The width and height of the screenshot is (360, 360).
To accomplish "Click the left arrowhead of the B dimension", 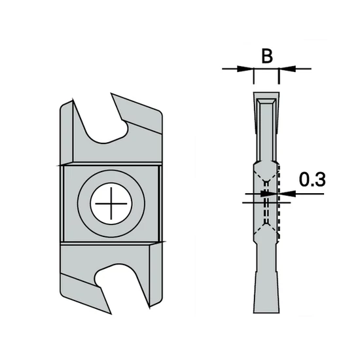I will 248,68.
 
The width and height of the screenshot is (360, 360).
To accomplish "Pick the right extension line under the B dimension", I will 279,79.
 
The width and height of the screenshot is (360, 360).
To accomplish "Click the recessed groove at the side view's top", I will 266,128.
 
